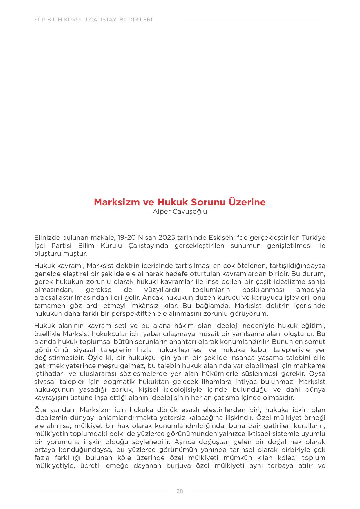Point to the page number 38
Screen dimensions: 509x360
point(180,491)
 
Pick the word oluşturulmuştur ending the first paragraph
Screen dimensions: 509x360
point(60,253)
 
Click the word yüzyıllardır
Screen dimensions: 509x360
point(162,290)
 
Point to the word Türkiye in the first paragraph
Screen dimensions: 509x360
point(314,237)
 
